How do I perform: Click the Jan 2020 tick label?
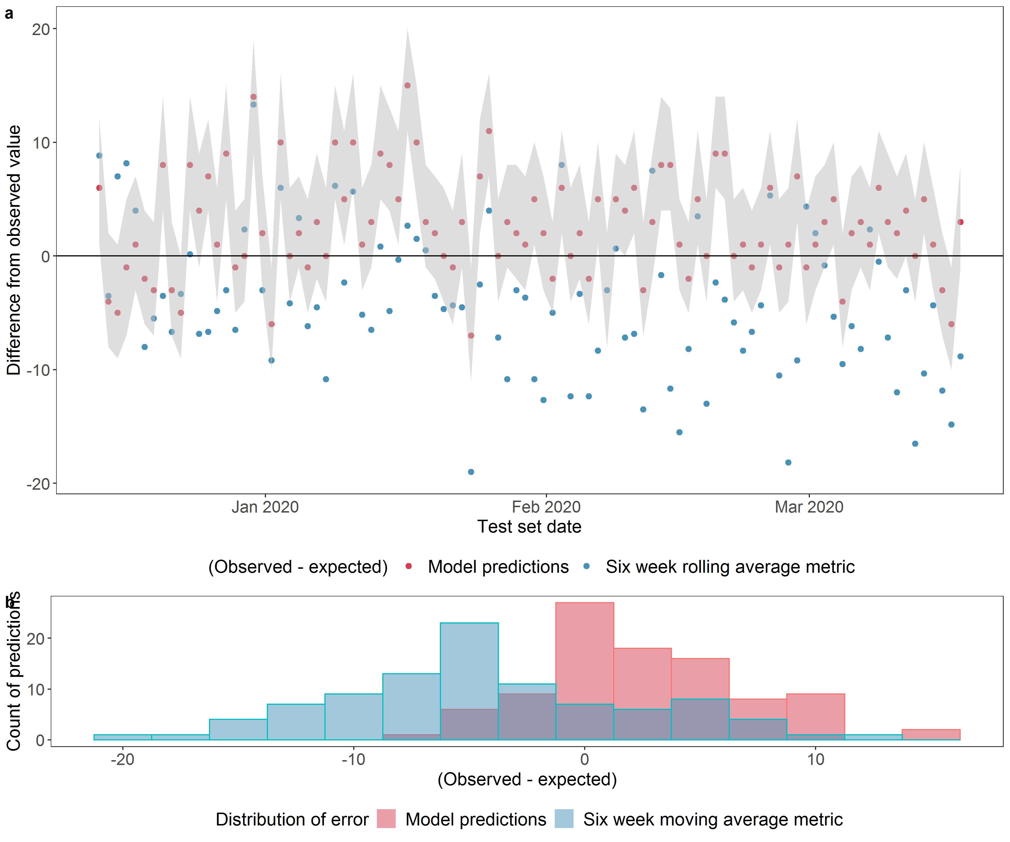click(265, 507)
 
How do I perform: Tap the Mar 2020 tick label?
click(809, 507)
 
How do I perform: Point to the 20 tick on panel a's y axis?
click(41, 29)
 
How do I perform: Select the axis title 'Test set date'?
click(529, 527)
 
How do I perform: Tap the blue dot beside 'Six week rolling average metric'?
click(586, 566)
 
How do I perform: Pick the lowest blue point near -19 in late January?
click(471, 472)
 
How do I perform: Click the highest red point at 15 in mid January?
click(407, 86)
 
